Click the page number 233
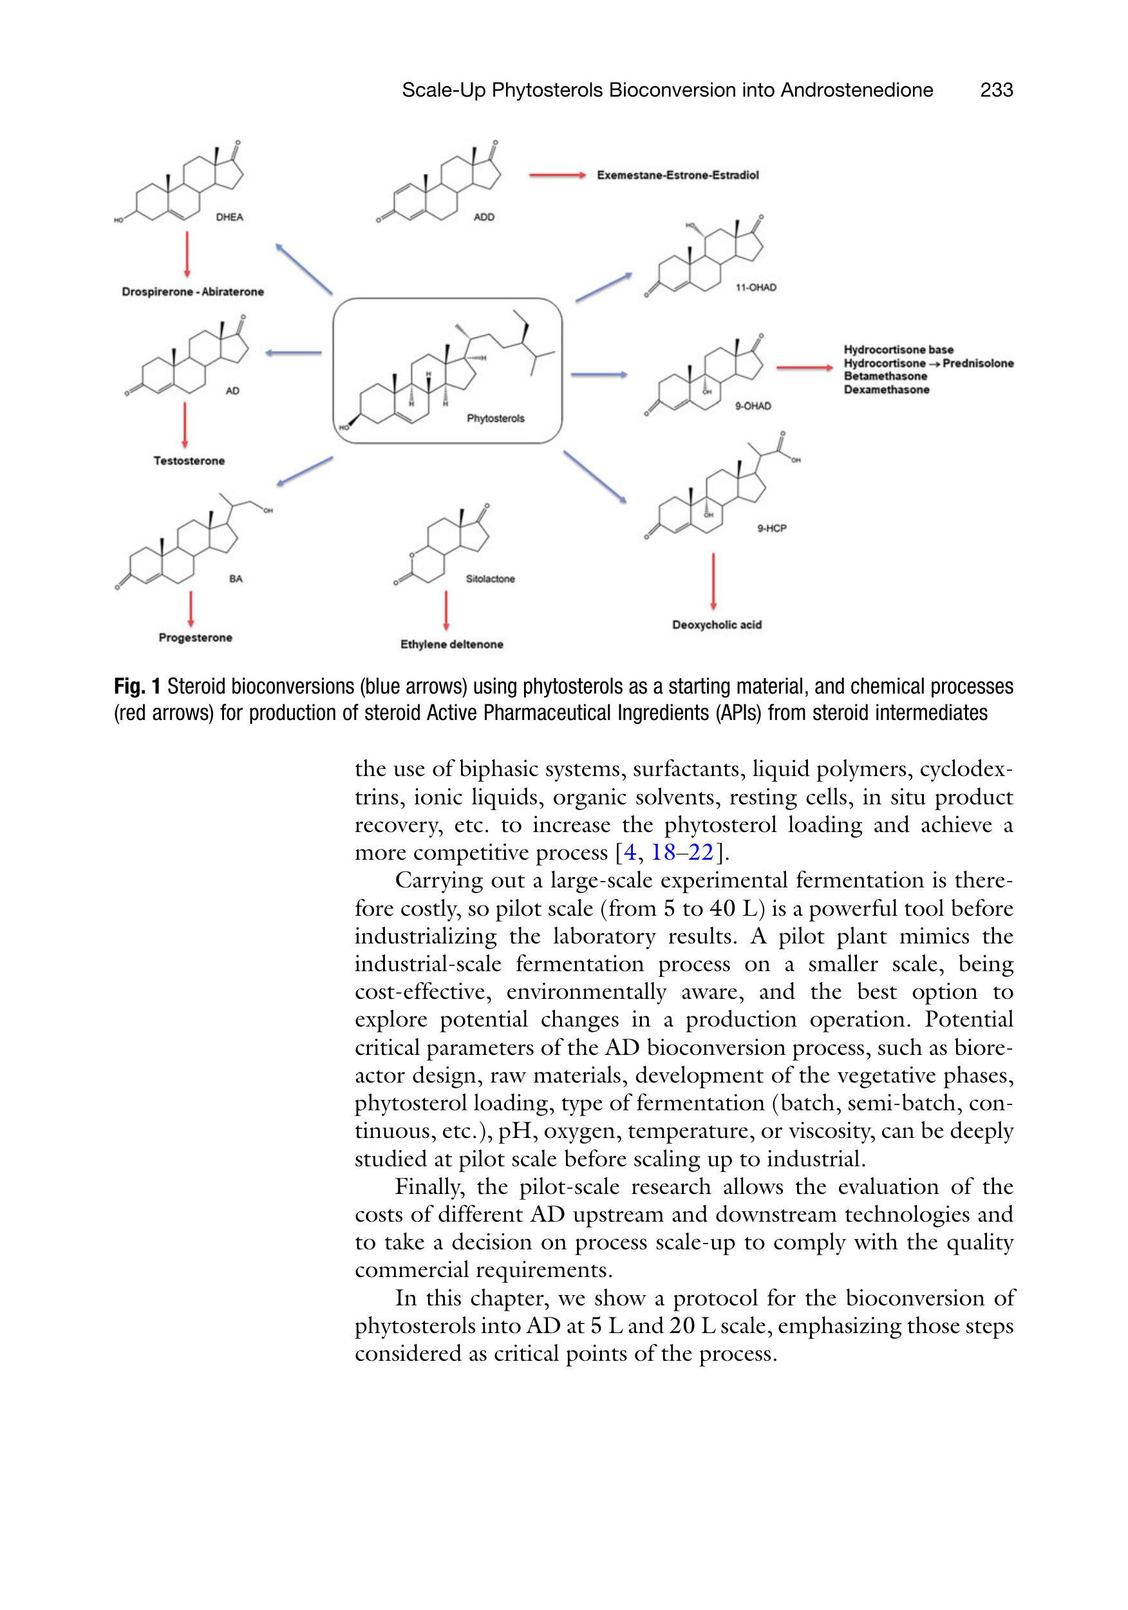click(x=996, y=90)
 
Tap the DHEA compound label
click(x=229, y=218)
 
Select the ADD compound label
click(x=484, y=218)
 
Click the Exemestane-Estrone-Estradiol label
click(x=677, y=175)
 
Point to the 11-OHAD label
click(x=756, y=287)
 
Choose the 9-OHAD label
click(x=753, y=406)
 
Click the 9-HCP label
click(x=772, y=528)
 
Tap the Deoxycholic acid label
click(x=717, y=625)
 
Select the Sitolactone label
click(x=490, y=579)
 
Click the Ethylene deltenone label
click(x=451, y=645)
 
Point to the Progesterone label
click(x=195, y=638)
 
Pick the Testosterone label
click(x=189, y=460)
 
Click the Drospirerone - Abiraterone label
click(x=193, y=292)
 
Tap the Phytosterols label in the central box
click(x=495, y=419)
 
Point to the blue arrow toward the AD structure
click(x=293, y=353)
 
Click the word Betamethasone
click(x=885, y=377)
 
